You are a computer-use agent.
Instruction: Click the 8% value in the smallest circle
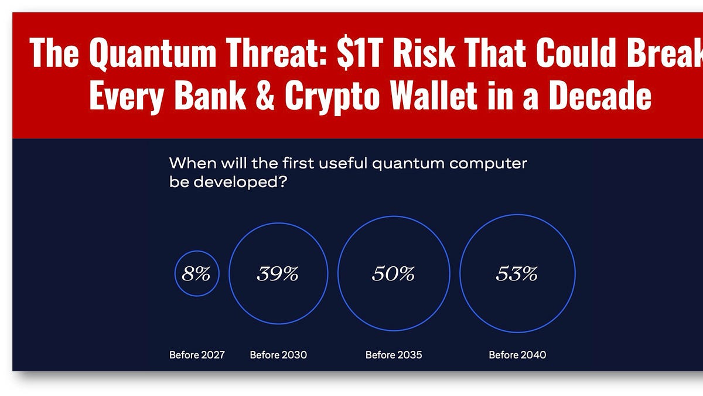click(x=196, y=274)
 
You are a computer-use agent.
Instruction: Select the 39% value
click(x=278, y=274)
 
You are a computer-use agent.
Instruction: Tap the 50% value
click(x=394, y=274)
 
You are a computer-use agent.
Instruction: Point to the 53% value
click(x=517, y=274)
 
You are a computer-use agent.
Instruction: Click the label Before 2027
click(x=197, y=355)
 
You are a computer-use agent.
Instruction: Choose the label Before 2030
click(x=278, y=355)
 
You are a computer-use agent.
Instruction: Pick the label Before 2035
click(x=394, y=355)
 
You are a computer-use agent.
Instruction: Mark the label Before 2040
click(x=517, y=355)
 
